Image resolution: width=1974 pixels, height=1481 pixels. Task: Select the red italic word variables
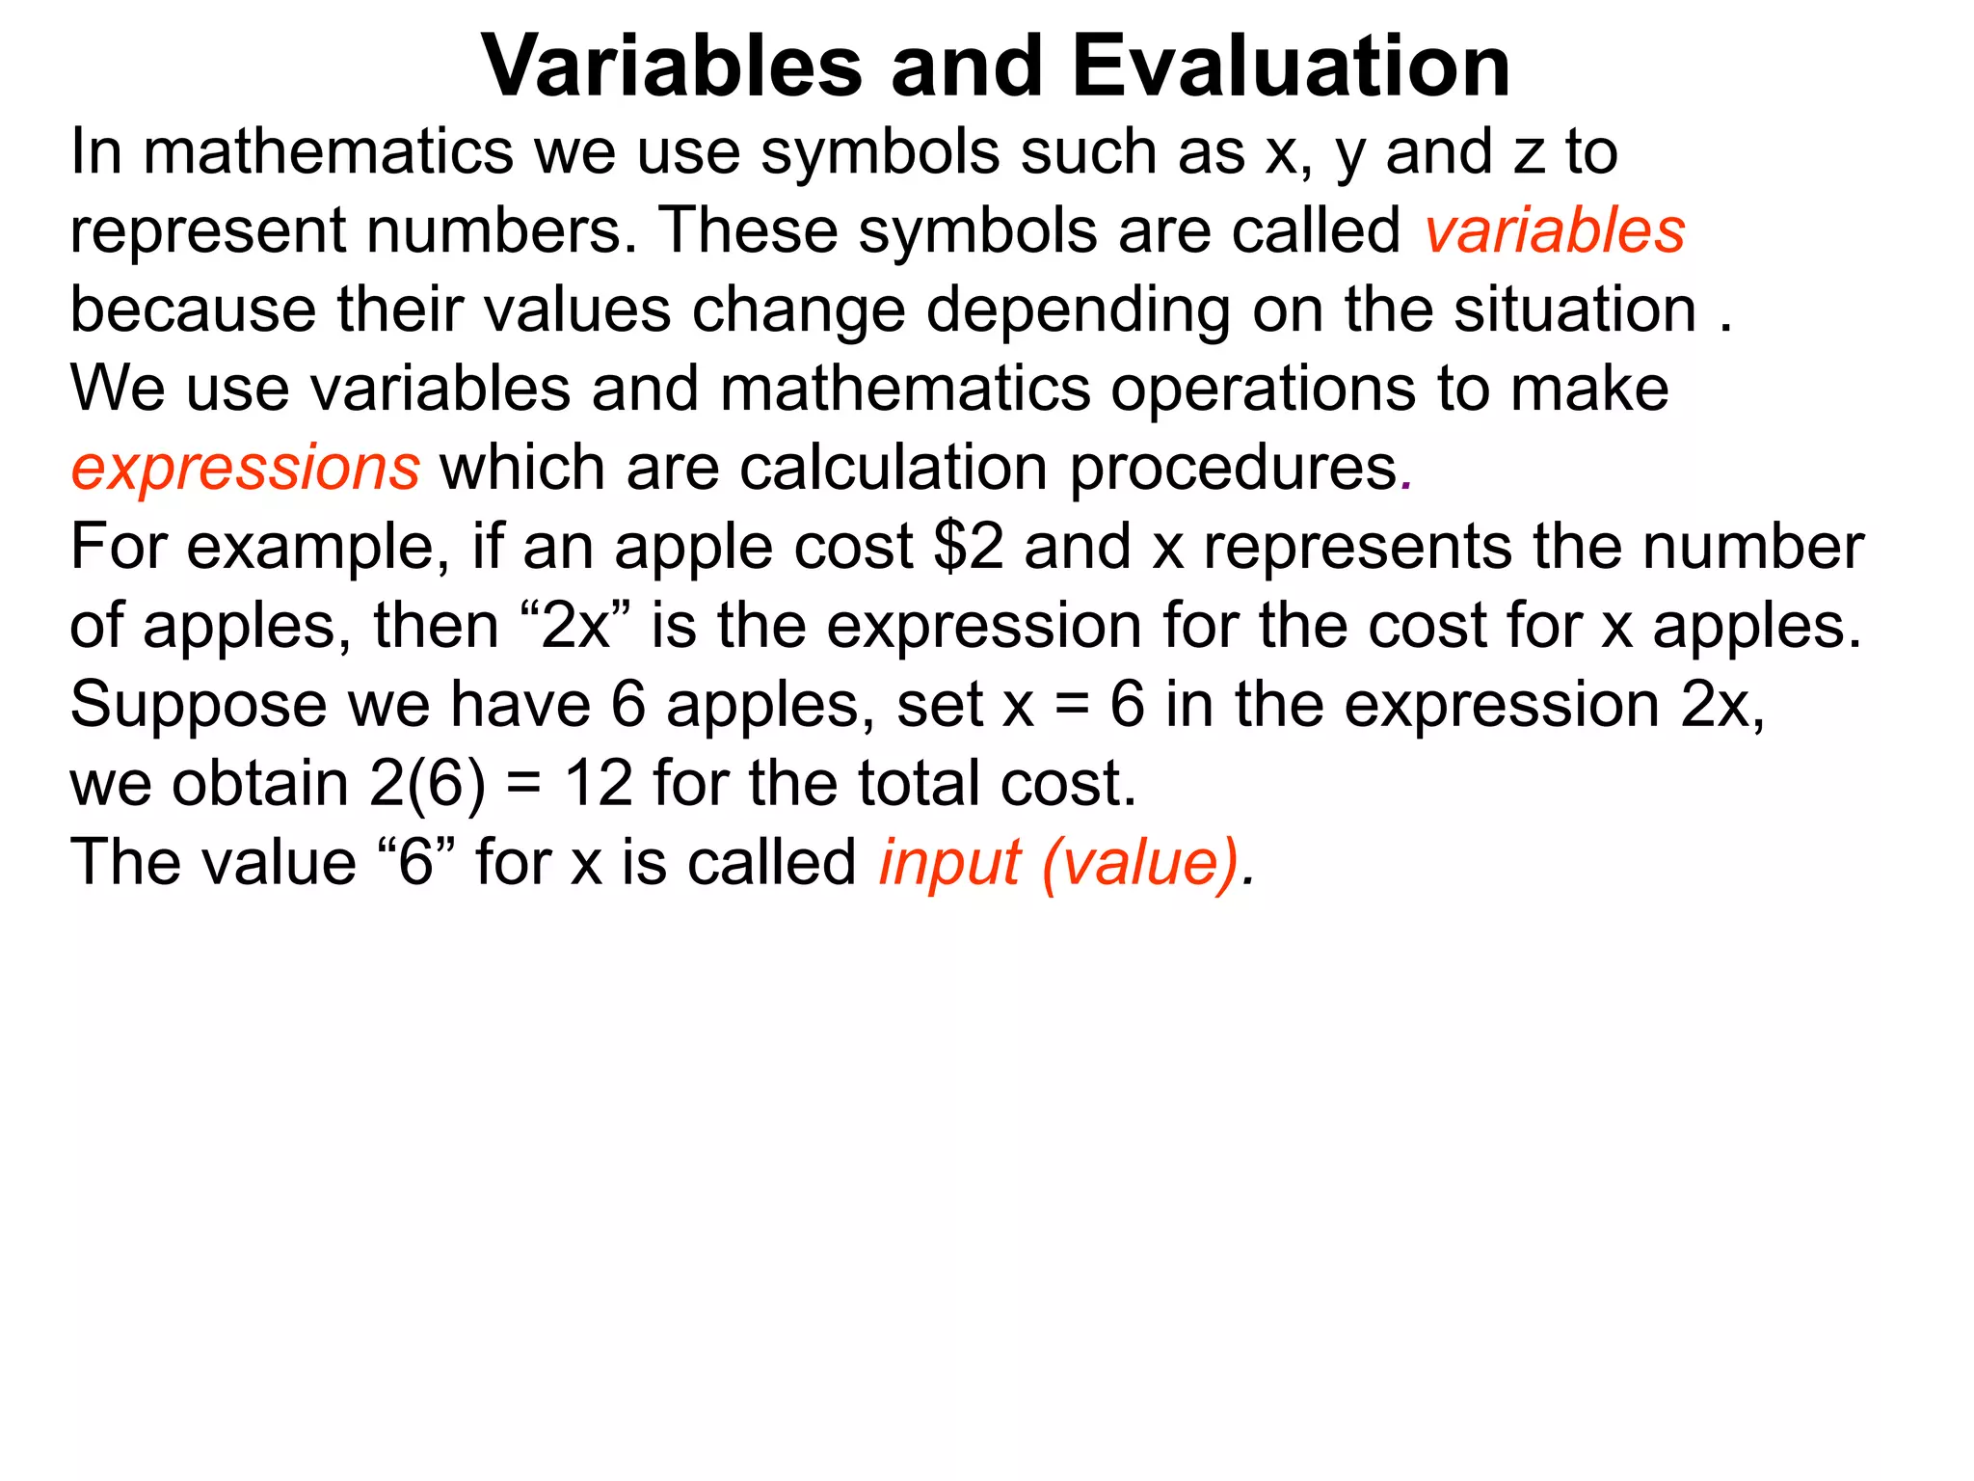(1555, 231)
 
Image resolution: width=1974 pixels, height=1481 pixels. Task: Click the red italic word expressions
(245, 469)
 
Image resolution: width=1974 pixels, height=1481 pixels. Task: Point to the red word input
(949, 862)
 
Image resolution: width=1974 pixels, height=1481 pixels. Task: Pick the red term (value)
(1140, 862)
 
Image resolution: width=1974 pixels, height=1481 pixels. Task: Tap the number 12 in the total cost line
(599, 783)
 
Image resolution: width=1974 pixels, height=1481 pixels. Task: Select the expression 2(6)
(427, 783)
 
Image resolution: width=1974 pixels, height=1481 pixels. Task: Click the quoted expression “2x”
(575, 626)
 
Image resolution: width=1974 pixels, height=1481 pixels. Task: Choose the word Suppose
(199, 705)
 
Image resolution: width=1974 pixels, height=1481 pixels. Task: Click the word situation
(1575, 310)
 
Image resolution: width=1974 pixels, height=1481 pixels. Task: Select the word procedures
(1233, 469)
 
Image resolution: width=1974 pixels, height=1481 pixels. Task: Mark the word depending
(1078, 311)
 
